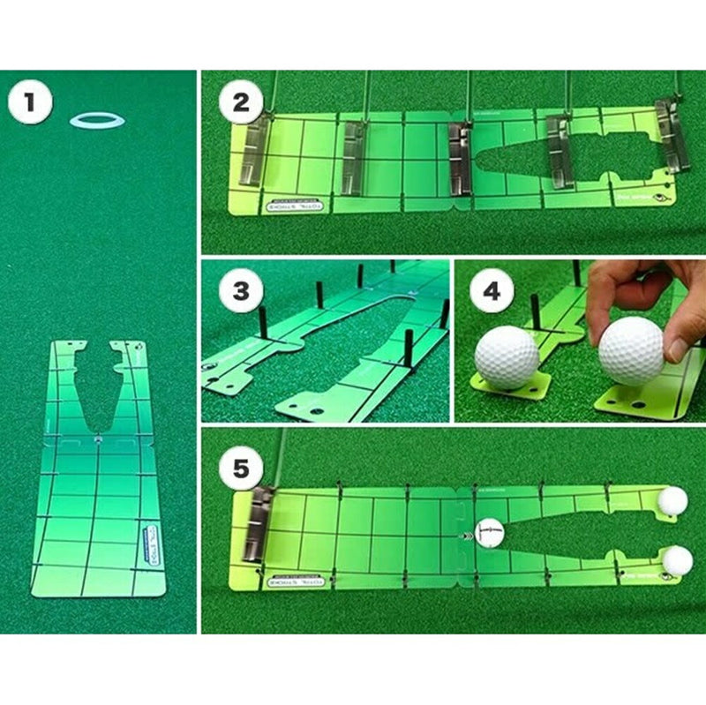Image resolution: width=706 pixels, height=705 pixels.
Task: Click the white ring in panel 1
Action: tap(97, 119)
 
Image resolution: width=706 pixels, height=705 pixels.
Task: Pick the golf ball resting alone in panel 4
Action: tap(507, 358)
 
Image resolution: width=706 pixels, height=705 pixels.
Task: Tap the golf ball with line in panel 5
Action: tap(490, 532)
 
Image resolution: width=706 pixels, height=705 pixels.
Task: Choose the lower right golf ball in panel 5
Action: tap(677, 559)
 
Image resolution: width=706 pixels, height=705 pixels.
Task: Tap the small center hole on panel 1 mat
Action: tap(97, 435)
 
